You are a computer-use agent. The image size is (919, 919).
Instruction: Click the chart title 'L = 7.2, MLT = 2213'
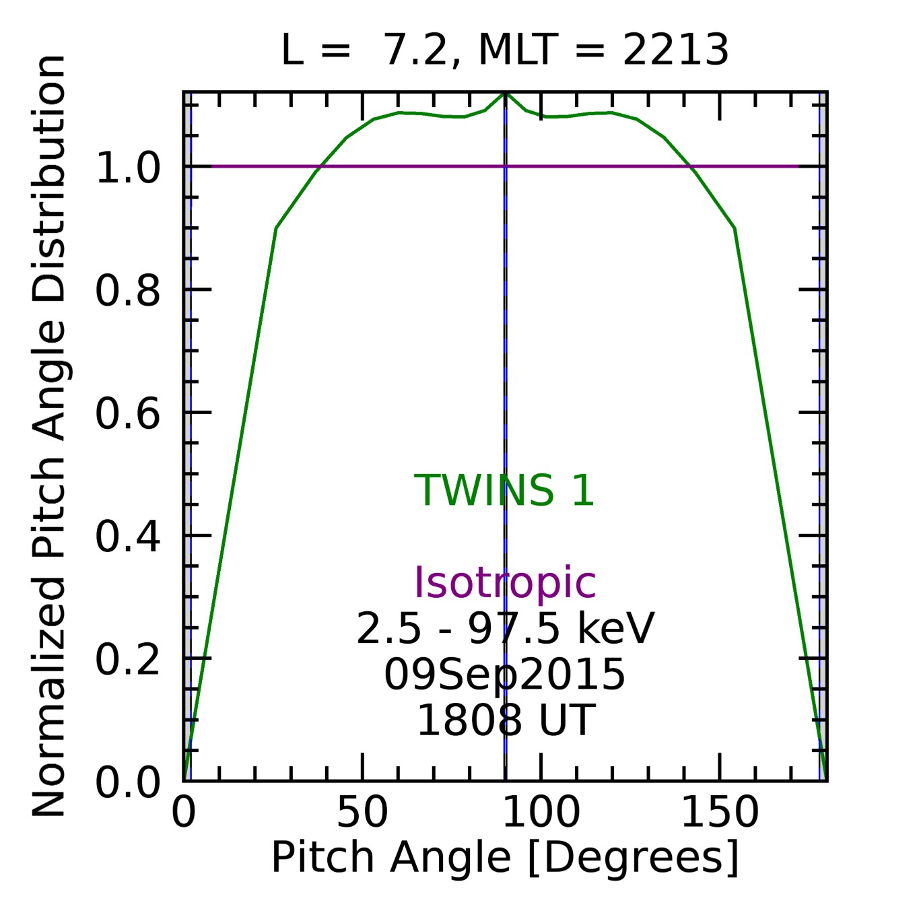coord(504,50)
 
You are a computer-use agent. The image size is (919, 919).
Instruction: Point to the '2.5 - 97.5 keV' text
coord(504,629)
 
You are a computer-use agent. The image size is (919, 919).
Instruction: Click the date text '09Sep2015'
coord(504,675)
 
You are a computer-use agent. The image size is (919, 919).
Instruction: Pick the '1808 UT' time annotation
coord(504,720)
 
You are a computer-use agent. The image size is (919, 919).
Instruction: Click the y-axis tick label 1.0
coord(128,168)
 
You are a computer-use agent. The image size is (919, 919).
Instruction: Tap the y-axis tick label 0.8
coord(128,291)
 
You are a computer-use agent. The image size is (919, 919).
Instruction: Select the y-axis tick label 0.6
coord(128,413)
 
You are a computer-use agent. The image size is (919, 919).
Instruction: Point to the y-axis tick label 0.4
coord(128,537)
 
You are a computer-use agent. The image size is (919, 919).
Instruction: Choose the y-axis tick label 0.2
coord(128,659)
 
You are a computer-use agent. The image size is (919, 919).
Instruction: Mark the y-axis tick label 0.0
coord(128,782)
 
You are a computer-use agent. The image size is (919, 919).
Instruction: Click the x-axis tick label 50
coord(362,813)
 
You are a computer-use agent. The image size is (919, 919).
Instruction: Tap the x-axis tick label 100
coord(541,813)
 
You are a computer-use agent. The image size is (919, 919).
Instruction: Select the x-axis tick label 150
coord(720,813)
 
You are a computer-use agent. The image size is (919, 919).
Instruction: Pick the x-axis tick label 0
coord(184,813)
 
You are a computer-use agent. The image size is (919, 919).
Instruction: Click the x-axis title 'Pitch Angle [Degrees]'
coord(504,858)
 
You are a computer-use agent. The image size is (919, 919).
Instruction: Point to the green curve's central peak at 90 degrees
coord(505,94)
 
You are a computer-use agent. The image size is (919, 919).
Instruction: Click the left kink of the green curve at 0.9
coord(276,228)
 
